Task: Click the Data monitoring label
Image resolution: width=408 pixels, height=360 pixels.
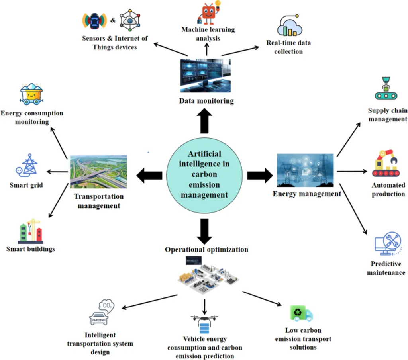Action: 206,101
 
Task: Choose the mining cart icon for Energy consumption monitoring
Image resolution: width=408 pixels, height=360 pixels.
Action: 31,95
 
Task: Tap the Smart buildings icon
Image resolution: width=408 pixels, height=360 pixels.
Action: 30,231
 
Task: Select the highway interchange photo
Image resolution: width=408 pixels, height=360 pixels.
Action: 98,171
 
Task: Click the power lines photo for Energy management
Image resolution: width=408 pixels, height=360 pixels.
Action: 305,170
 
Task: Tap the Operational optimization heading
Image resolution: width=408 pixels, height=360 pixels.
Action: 206,250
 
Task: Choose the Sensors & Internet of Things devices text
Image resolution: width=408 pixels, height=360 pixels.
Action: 115,43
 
